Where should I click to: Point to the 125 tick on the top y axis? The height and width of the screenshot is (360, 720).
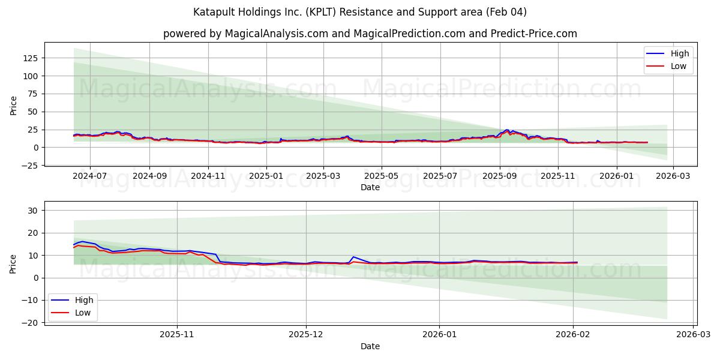(x=31, y=58)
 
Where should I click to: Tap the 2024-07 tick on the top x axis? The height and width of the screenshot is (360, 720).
(x=90, y=176)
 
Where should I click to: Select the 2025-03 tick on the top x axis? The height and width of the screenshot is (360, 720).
(x=323, y=176)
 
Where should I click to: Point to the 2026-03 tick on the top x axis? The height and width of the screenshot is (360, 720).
(x=673, y=176)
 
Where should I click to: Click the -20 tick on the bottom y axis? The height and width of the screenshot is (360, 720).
(x=31, y=323)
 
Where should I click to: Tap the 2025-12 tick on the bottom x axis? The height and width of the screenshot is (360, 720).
(x=306, y=335)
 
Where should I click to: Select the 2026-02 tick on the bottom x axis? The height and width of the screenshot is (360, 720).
(x=573, y=335)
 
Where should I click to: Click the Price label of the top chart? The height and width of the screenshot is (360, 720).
(x=14, y=105)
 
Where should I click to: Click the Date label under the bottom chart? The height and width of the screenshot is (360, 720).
(x=370, y=346)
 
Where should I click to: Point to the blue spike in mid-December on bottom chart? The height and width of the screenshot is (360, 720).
(x=353, y=257)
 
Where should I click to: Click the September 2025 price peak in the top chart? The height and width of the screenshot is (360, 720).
(x=507, y=130)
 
